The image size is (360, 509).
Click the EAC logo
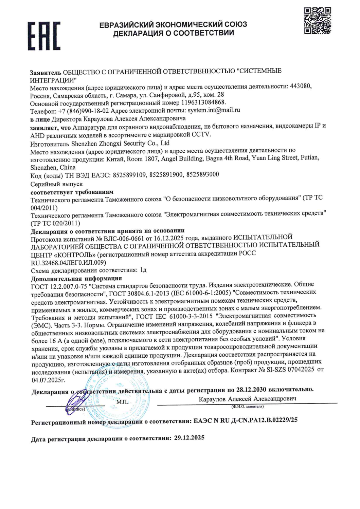pos(44,36)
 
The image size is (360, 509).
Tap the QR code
pos(317,20)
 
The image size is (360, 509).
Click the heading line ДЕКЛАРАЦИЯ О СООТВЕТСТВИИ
pos(174,33)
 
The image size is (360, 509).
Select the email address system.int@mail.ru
pos(214,110)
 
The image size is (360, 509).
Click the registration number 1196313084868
pos(203,102)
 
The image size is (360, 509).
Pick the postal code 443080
pos(301,86)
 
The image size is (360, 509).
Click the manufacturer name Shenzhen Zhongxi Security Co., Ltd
pos(120,143)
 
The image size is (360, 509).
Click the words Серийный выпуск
pos(56,184)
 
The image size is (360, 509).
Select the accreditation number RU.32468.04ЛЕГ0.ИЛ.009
pos(68,262)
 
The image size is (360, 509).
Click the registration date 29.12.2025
pos(189,438)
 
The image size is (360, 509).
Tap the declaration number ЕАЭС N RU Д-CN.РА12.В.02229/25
pos(245,420)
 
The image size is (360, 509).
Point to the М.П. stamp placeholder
pos(122,402)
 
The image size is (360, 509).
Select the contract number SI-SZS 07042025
pos(290,370)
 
